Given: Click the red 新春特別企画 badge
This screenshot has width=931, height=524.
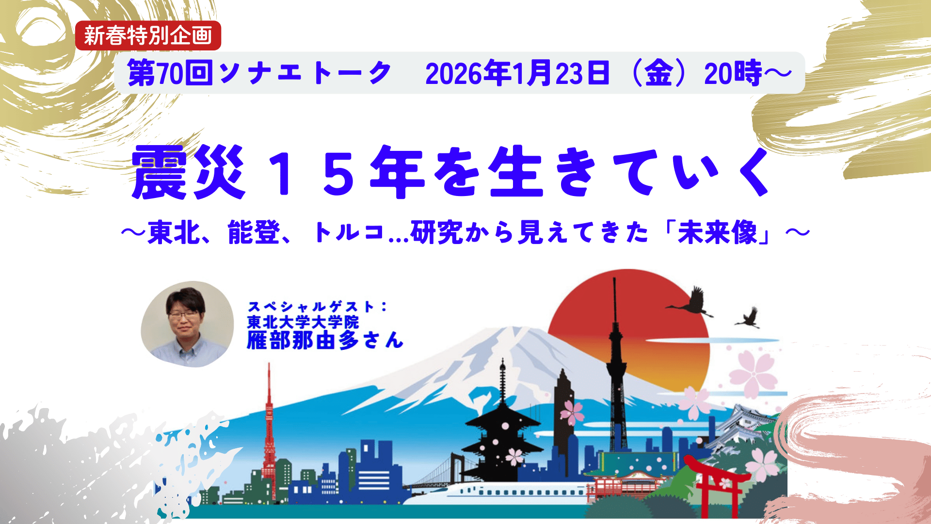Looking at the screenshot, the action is (148, 35).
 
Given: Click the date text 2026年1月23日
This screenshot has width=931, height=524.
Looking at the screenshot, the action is (517, 73).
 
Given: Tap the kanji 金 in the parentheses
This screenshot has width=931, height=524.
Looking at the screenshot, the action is (658, 73).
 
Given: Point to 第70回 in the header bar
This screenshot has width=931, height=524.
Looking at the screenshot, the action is (170, 73).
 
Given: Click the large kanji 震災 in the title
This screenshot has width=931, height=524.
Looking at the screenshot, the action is (188, 172).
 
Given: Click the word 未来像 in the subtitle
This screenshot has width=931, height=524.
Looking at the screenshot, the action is (718, 232).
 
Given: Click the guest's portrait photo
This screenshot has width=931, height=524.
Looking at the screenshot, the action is (187, 324).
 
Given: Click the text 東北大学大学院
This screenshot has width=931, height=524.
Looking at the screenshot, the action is (303, 322).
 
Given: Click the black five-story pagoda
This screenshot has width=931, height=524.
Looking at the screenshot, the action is (502, 427).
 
